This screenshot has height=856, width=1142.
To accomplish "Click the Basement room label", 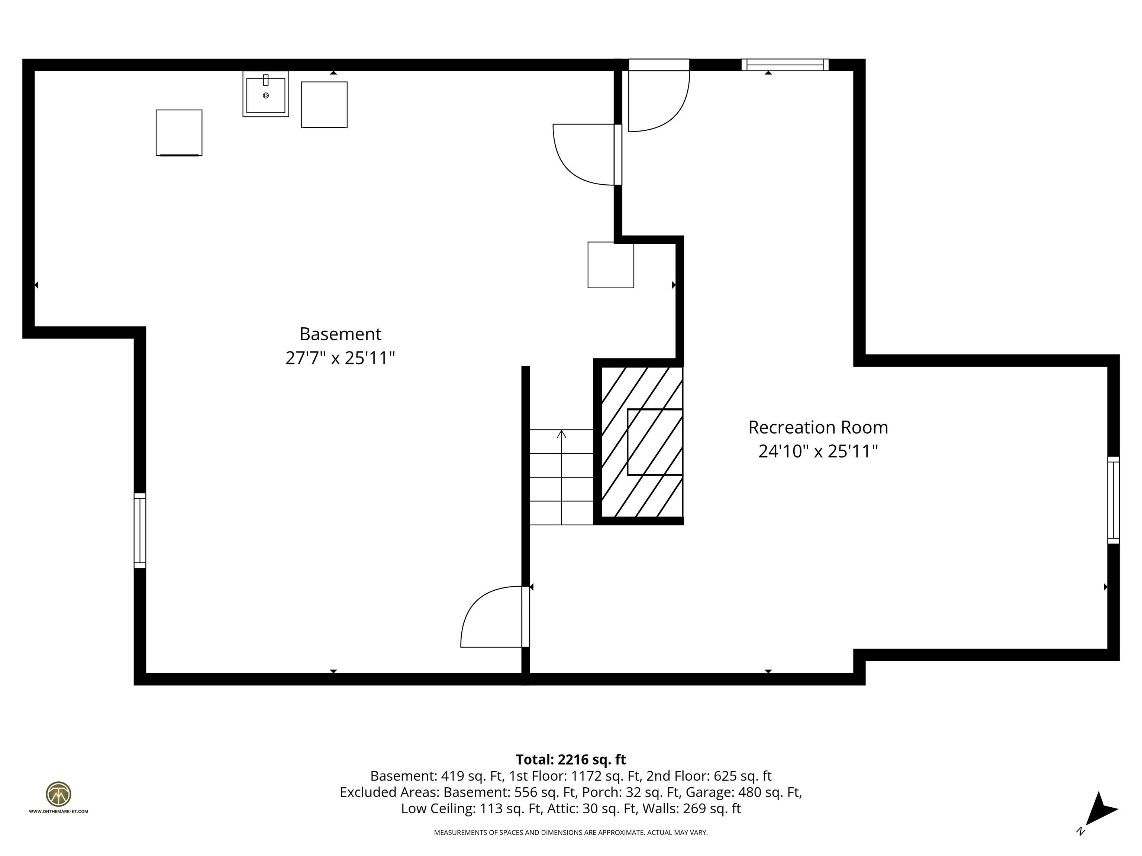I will coord(340,334).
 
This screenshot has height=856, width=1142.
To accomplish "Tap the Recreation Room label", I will coord(818,427).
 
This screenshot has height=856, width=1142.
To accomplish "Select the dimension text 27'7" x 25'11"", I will coord(340,357).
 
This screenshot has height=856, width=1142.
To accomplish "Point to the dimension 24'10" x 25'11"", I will coord(818,451).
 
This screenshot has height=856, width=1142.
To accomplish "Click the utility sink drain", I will coord(266,95).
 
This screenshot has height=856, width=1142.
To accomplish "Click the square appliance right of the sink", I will coord(324,105).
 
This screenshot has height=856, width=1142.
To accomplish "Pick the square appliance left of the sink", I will coord(179,133).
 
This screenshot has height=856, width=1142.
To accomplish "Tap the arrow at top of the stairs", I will coord(562,434).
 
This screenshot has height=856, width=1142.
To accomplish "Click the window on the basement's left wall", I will coord(140,531).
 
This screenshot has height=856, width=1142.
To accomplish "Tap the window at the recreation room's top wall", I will coord(785,65).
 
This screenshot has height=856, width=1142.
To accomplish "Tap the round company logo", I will coord(58,794).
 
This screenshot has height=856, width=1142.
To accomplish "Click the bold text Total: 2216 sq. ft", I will coord(571,759).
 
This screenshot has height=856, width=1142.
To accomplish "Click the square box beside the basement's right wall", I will coord(611,265).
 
